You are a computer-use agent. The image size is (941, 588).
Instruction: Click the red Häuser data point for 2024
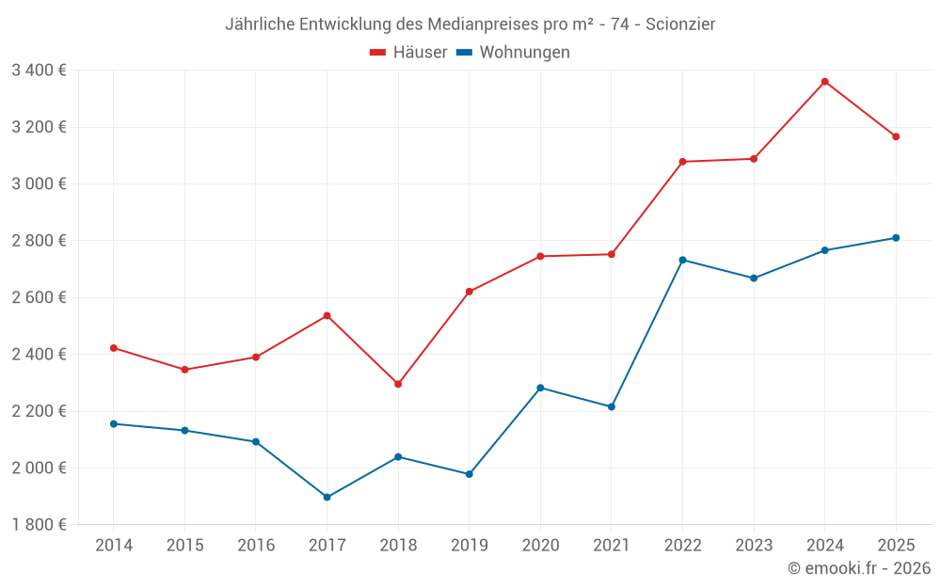point(824,82)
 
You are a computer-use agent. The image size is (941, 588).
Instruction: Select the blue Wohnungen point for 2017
point(327,497)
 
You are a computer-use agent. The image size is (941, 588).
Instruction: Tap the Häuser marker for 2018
point(398,384)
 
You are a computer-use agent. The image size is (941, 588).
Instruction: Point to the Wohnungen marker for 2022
point(682,260)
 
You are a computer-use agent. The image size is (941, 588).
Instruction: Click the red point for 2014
point(114,348)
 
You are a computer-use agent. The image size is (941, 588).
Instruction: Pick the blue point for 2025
point(896,238)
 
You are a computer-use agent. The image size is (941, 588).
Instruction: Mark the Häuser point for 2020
point(540,256)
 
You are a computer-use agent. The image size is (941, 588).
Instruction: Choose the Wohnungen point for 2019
point(469,474)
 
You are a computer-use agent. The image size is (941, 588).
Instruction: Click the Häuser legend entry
point(408,53)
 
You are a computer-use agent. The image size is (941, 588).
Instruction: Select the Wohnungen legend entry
point(514,53)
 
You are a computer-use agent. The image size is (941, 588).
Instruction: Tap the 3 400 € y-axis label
point(39,70)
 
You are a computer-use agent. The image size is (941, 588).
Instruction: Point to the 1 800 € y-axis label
point(39,525)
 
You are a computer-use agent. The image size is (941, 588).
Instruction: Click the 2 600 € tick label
point(39,297)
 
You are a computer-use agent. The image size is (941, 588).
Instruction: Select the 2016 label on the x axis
point(256,546)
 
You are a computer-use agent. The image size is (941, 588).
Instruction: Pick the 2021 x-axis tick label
point(611,546)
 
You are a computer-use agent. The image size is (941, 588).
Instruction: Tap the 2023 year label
point(753,546)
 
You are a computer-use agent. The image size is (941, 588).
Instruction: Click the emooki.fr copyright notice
point(858,568)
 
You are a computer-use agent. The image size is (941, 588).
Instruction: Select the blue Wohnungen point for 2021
point(611,406)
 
